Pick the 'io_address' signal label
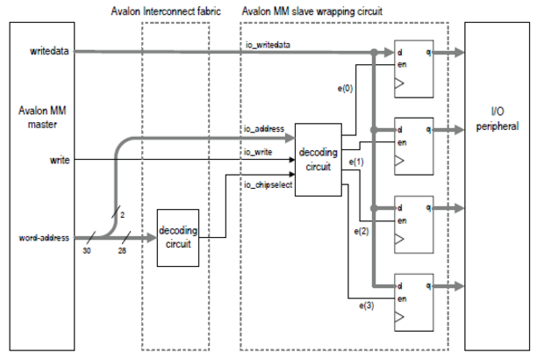(263, 129)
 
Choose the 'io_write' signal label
(261, 151)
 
